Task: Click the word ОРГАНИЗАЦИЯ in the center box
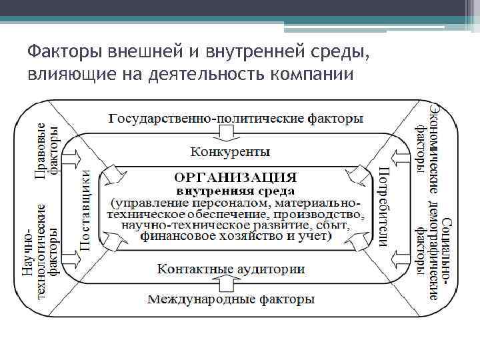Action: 235,177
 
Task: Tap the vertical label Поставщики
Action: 86,211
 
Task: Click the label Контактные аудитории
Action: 231,269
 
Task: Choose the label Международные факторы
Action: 231,299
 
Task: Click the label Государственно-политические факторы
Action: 236,119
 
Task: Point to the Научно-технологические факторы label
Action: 40,251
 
